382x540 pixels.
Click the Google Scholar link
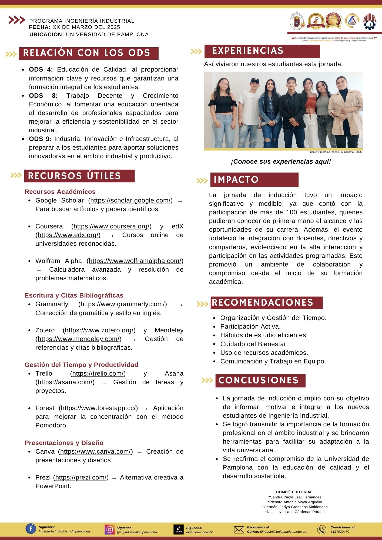tap(131, 200)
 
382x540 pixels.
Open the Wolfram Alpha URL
tap(135, 261)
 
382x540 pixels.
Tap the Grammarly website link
tap(123, 304)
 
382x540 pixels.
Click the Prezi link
tap(81, 477)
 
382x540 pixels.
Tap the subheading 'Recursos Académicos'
tap(60, 192)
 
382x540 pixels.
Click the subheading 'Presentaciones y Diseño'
tap(64, 443)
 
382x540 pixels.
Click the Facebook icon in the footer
tap(31, 529)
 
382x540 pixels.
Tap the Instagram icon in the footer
tap(109, 529)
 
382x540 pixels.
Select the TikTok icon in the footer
tap(178, 529)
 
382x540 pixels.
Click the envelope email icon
tap(239, 530)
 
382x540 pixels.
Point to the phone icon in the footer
tap(321, 530)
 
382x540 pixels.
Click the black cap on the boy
tap(255, 80)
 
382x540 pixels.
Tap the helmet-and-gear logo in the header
tap(369, 21)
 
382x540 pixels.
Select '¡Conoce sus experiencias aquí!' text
tap(281, 161)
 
